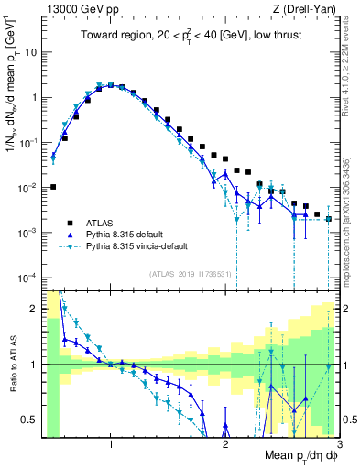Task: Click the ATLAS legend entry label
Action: coord(101,222)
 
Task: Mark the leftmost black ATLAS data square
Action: coord(53,187)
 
